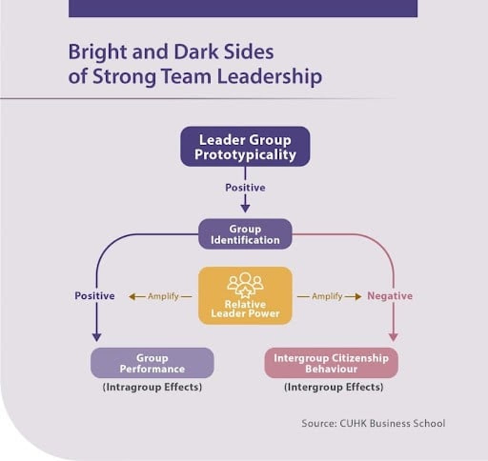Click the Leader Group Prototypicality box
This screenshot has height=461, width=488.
pos(245,147)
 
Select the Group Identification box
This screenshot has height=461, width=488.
pos(245,234)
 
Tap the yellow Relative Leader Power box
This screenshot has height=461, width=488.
pos(245,296)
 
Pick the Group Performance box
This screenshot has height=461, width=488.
pos(152,363)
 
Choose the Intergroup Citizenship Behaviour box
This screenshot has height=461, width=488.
pos(331,363)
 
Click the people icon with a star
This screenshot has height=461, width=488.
pos(245,285)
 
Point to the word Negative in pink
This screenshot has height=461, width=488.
pos(389,296)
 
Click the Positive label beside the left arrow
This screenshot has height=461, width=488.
pos(94,296)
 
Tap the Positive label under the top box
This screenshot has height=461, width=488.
pos(245,188)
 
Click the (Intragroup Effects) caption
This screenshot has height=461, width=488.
pos(152,387)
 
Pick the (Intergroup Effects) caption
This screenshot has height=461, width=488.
pos(333,387)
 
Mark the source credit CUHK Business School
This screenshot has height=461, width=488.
pos(373,423)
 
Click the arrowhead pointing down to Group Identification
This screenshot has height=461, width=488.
pos(245,208)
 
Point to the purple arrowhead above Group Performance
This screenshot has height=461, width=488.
pos(96,337)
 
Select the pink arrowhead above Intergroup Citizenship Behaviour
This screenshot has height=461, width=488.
pos(393,337)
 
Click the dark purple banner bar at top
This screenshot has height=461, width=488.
pos(243,8)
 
